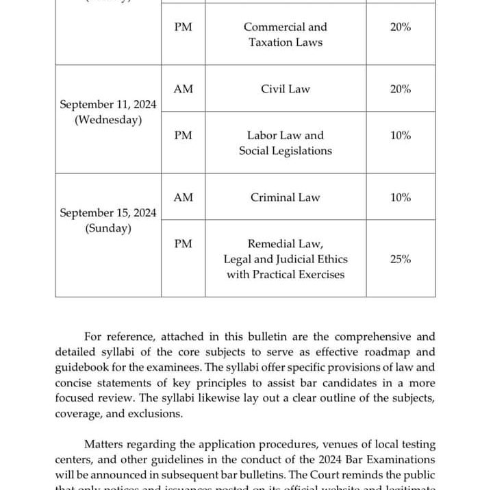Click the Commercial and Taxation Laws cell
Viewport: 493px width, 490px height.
tap(285, 34)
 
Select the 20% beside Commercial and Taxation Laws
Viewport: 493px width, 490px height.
tap(401, 27)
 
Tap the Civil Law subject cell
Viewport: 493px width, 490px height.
tap(285, 89)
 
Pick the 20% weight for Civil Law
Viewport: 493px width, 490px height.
tap(401, 89)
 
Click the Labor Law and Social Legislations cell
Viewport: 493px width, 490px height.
tap(285, 143)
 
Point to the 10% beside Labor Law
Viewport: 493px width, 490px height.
tap(401, 136)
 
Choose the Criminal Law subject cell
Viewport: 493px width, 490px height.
tap(285, 197)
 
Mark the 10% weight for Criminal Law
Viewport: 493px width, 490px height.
tap(401, 197)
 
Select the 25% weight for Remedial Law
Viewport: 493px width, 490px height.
tap(401, 259)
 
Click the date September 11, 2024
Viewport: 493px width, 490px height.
tap(108, 105)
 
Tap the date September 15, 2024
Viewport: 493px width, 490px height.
tap(108, 213)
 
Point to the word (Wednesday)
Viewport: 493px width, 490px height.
tap(108, 120)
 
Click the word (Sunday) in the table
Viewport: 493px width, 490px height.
tap(108, 228)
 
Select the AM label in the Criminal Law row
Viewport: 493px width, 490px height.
tap(183, 197)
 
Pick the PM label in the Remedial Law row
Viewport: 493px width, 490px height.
tap(183, 244)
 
